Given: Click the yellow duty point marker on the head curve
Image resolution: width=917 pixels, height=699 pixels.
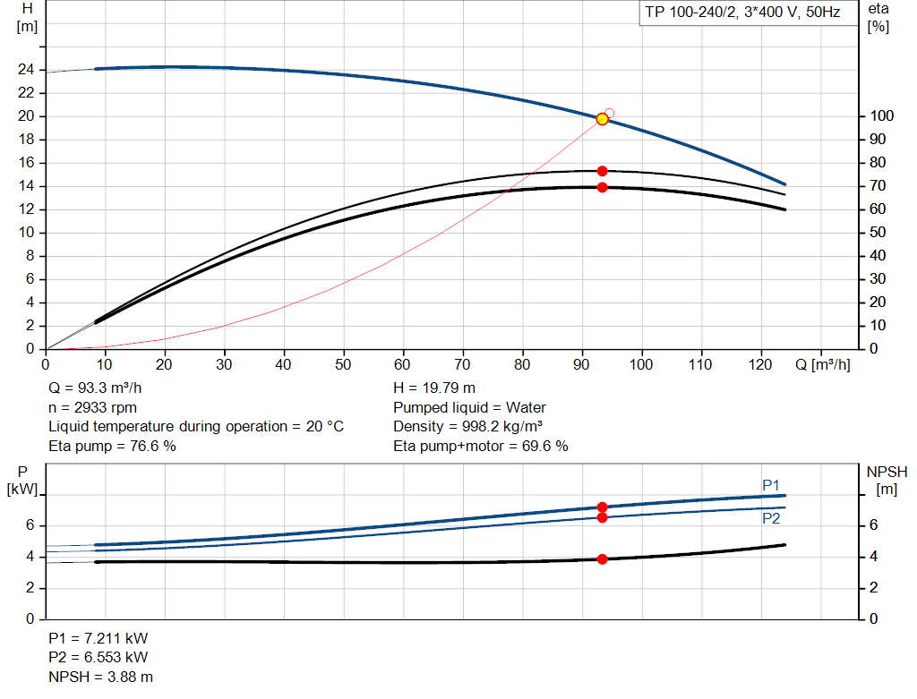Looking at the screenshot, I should tap(602, 119).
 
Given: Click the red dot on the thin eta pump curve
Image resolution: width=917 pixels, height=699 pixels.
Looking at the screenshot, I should tap(602, 171).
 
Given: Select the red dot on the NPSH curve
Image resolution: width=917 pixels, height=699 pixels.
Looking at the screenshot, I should tap(602, 559).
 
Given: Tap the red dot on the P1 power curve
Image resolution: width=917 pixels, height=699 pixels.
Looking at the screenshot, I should tap(602, 507).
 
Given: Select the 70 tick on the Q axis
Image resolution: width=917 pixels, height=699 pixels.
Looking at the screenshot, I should tap(463, 364).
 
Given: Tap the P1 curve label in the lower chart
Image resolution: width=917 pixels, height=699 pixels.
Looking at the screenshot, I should tap(771, 485).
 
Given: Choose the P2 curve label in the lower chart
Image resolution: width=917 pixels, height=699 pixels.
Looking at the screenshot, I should tap(771, 518).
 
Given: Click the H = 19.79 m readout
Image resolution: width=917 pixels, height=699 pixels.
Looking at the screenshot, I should tap(434, 388).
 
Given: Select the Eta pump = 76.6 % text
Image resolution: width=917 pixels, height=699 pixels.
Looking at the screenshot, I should tap(112, 446).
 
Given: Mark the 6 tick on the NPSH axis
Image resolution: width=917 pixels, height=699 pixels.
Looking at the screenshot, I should tap(873, 525).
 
